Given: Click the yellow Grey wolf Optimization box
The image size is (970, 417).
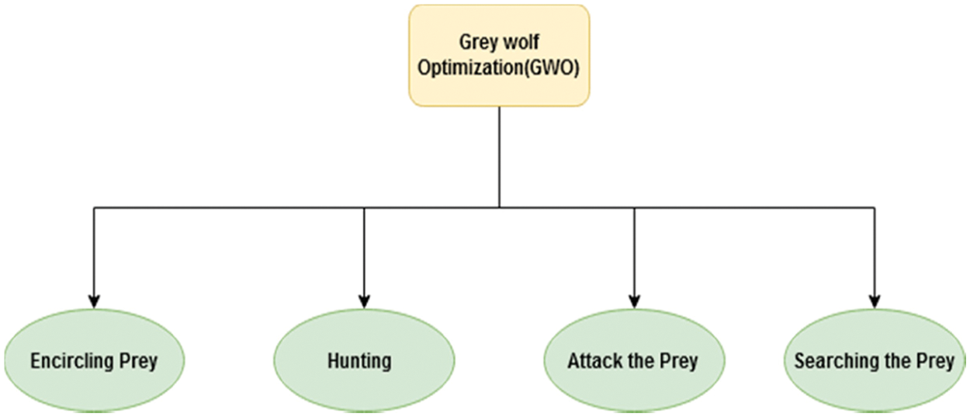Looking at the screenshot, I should (498, 55).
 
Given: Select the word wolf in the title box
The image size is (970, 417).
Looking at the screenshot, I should (521, 43).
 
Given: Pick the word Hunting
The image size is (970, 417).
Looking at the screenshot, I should (359, 361).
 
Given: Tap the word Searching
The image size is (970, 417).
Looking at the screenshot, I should (828, 361).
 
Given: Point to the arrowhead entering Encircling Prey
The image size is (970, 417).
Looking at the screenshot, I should (94, 301).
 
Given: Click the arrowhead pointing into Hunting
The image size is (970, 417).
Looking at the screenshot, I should (363, 301).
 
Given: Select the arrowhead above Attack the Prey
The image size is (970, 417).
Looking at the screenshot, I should (634, 301).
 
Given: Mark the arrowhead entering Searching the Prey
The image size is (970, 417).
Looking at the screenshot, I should (875, 301).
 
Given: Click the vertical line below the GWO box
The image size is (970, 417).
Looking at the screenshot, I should (499, 155).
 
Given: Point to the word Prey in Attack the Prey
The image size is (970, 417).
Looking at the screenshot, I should (680, 361).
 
